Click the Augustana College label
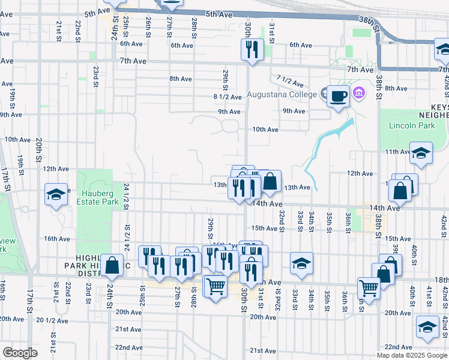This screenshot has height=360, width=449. (x=282, y=95)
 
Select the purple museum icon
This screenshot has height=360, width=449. (x=359, y=93)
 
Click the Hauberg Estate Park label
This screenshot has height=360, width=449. (x=97, y=198)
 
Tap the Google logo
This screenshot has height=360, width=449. (x=20, y=352)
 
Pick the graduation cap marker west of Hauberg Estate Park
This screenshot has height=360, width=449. (x=56, y=194)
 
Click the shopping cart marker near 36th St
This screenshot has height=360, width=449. (x=369, y=288)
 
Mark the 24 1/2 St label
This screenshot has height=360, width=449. (x=127, y=196)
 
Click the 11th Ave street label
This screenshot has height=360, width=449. (x=397, y=151)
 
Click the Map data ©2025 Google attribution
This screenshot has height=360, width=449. (x=412, y=355)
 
